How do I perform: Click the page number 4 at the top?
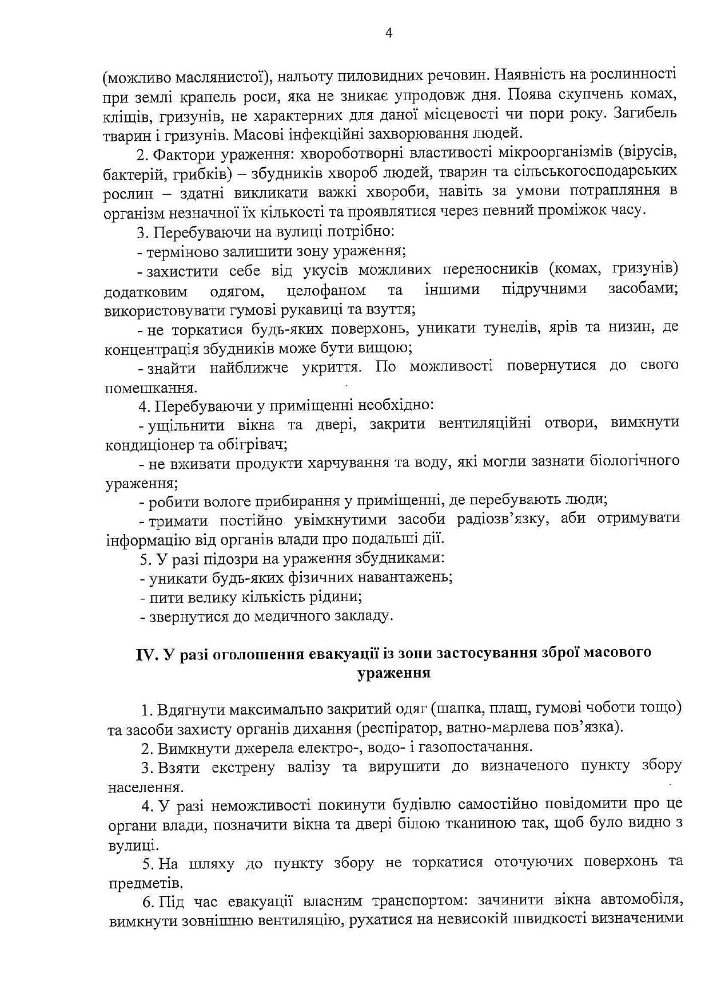pyautogui.click(x=388, y=33)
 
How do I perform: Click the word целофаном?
pyautogui.click(x=326, y=290)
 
